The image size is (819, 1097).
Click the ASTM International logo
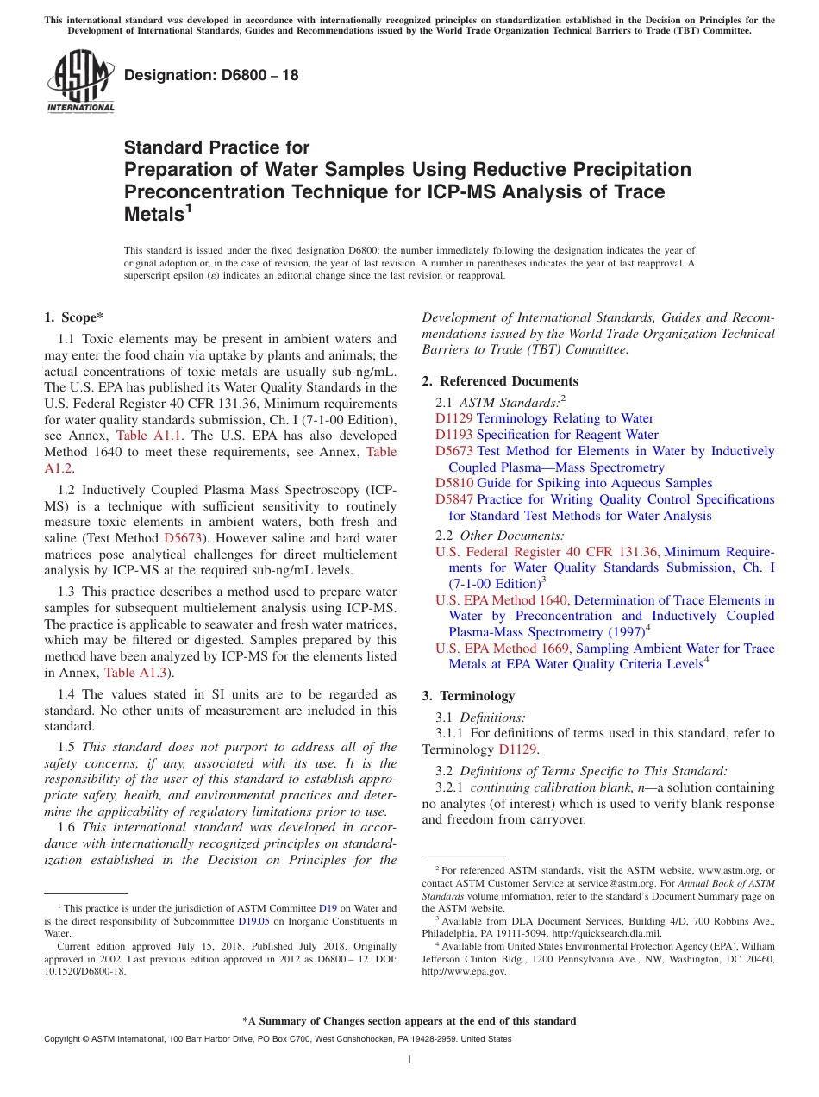pyautogui.click(x=79, y=82)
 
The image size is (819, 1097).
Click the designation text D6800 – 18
pyautogui.click(x=211, y=75)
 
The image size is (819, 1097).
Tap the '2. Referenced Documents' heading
pyautogui.click(x=500, y=381)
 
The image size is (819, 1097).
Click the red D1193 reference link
pyautogui.click(x=453, y=435)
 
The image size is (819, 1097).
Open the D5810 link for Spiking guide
pyautogui.click(x=453, y=483)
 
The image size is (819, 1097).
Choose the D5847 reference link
pyautogui.click(x=453, y=499)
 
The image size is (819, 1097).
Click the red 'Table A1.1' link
pyautogui.click(x=148, y=436)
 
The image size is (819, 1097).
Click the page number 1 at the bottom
pyautogui.click(x=409, y=1060)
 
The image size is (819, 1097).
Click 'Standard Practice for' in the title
pyautogui.click(x=216, y=147)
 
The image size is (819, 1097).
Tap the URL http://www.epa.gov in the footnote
pyautogui.click(x=464, y=971)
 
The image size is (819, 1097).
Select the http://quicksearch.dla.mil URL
pyautogui.click(x=604, y=933)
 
